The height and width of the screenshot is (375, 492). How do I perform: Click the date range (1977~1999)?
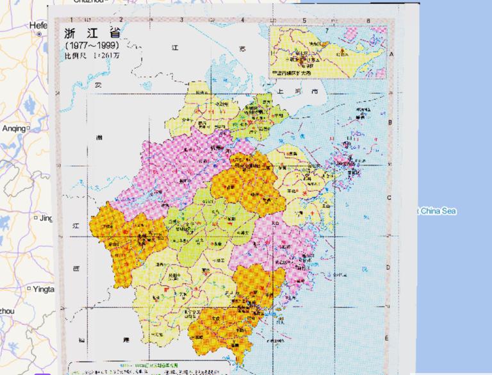point(92,46)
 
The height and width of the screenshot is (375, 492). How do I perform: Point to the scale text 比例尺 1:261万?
point(92,56)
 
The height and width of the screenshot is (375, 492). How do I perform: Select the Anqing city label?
point(14,128)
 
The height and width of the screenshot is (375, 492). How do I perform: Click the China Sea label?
point(438,211)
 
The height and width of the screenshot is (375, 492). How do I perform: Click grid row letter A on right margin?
point(391,54)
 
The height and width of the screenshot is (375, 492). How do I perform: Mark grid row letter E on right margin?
point(386,338)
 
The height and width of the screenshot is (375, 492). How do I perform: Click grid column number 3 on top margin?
point(181,20)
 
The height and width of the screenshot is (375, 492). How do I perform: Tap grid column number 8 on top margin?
point(368,20)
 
